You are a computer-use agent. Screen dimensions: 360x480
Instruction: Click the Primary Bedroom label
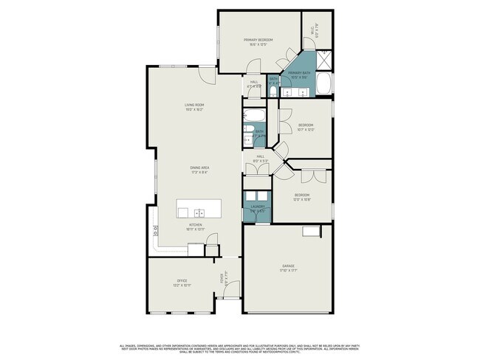pyautogui.click(x=258, y=40)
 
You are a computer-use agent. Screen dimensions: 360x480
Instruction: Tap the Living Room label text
pyautogui.click(x=194, y=105)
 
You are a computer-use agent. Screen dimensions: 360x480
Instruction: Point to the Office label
pyautogui.click(x=182, y=280)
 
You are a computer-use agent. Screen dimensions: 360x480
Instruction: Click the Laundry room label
pyautogui.click(x=257, y=207)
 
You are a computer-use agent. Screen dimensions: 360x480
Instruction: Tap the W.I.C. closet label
pyautogui.click(x=316, y=28)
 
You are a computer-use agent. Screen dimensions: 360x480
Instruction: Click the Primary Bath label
pyautogui.click(x=299, y=72)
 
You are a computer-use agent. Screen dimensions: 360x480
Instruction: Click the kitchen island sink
pyautogui.click(x=182, y=212)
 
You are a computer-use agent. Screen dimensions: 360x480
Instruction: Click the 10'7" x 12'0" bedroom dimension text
pyautogui.click(x=306, y=130)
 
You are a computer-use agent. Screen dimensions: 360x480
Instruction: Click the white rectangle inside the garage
pyautogui.click(x=310, y=232)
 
